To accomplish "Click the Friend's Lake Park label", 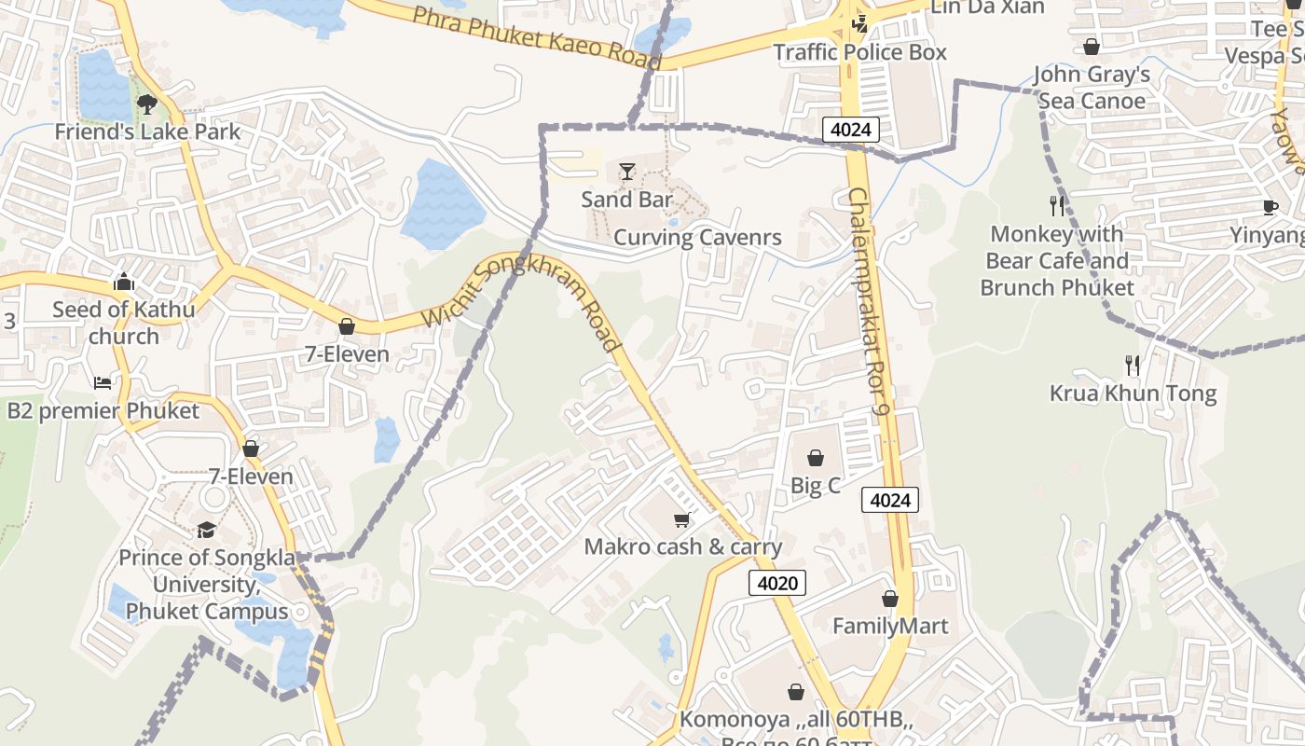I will (x=147, y=131).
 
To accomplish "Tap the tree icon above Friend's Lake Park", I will (x=146, y=104).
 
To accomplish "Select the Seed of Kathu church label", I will (x=124, y=323).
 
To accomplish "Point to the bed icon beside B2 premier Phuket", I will (x=103, y=383).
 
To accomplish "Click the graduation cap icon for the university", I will (x=206, y=530).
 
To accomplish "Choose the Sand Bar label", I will (x=627, y=199).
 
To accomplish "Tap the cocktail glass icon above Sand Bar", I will (x=627, y=172).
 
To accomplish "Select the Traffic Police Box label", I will (x=860, y=52).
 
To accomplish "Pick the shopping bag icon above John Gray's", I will (x=1092, y=47).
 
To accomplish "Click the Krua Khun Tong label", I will (x=1133, y=393).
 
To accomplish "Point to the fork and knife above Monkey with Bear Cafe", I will (x=1057, y=205).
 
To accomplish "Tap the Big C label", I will (x=816, y=485).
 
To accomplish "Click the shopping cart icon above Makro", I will (x=682, y=519).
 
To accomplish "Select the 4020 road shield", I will (x=776, y=584).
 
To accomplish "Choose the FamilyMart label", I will (x=890, y=626).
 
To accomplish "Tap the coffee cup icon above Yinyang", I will (x=1270, y=207).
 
